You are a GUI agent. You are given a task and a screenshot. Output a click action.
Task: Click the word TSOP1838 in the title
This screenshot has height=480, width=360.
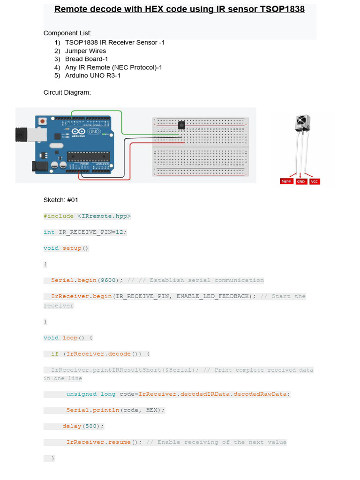[282, 9]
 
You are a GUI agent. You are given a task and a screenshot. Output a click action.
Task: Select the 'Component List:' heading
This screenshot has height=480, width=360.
[67, 33]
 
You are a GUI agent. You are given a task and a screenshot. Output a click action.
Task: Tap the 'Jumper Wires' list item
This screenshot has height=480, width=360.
[85, 51]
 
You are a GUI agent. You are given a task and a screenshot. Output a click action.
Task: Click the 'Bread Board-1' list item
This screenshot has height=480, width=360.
[86, 59]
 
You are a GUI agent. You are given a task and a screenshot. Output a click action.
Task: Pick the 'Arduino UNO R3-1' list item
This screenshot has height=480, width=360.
[92, 75]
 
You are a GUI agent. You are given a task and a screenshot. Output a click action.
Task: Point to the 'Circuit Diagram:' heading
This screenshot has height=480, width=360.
[67, 93]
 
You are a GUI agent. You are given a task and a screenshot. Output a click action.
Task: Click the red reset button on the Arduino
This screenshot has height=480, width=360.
[43, 121]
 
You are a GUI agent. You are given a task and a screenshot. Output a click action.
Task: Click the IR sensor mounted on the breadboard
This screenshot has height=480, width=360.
[181, 125]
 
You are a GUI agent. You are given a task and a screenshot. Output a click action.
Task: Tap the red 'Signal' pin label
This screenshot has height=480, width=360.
[286, 181]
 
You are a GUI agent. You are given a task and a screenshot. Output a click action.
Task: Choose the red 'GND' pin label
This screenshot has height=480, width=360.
[300, 181]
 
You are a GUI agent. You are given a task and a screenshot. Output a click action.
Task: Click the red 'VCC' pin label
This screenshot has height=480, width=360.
[315, 181]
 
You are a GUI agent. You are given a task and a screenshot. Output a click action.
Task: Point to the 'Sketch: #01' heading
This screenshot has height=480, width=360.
[60, 200]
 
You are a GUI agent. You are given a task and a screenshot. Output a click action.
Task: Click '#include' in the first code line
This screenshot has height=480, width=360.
[59, 216]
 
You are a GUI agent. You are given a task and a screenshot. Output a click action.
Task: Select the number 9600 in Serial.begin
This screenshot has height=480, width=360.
[108, 280]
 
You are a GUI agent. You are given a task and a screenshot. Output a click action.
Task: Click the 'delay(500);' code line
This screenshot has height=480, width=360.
[83, 426]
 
